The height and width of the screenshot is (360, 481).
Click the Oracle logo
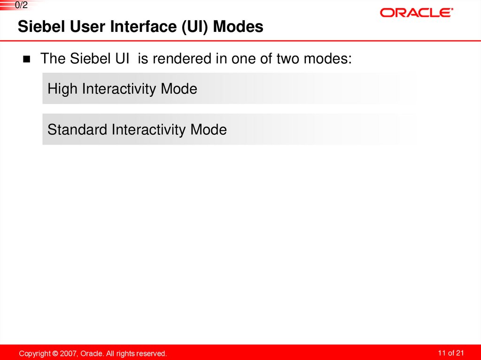point(416,13)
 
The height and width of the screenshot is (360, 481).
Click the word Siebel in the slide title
point(37,27)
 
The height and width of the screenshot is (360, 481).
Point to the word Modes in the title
point(238,27)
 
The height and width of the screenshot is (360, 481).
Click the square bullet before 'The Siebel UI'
point(26,60)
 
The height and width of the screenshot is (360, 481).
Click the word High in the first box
point(63,89)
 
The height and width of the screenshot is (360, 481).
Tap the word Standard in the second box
point(78,130)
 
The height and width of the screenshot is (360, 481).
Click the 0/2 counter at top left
point(21,5)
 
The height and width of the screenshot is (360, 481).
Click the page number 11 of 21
point(450,353)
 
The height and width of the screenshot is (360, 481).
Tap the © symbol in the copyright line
point(55,353)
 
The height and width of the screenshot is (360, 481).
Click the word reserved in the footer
point(152,353)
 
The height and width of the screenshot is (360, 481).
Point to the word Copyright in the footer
point(35,353)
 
